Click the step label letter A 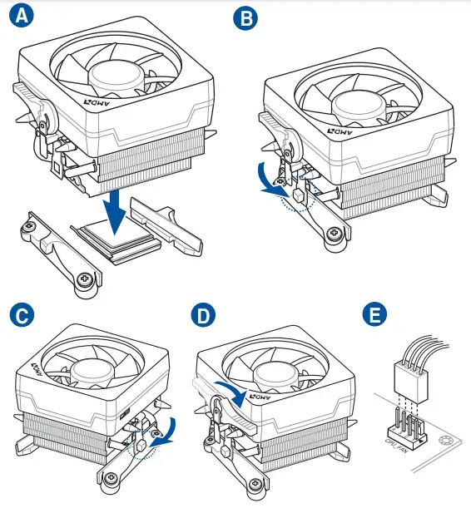click(22, 15)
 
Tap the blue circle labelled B click(245, 17)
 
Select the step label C click(22, 315)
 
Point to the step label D click(203, 315)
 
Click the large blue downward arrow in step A click(114, 212)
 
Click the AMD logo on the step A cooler click(97, 103)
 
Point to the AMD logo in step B click(340, 132)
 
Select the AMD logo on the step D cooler click(260, 397)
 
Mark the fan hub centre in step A click(116, 75)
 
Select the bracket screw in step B click(334, 232)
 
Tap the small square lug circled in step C click(141, 446)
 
